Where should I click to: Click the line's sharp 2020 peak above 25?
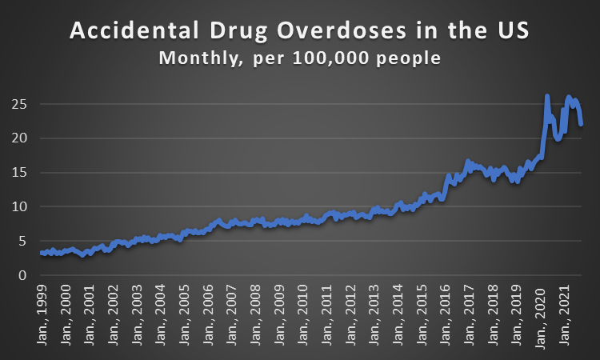pos(547,96)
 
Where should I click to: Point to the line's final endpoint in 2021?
pos(582,124)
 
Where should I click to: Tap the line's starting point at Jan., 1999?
pos(41,253)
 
